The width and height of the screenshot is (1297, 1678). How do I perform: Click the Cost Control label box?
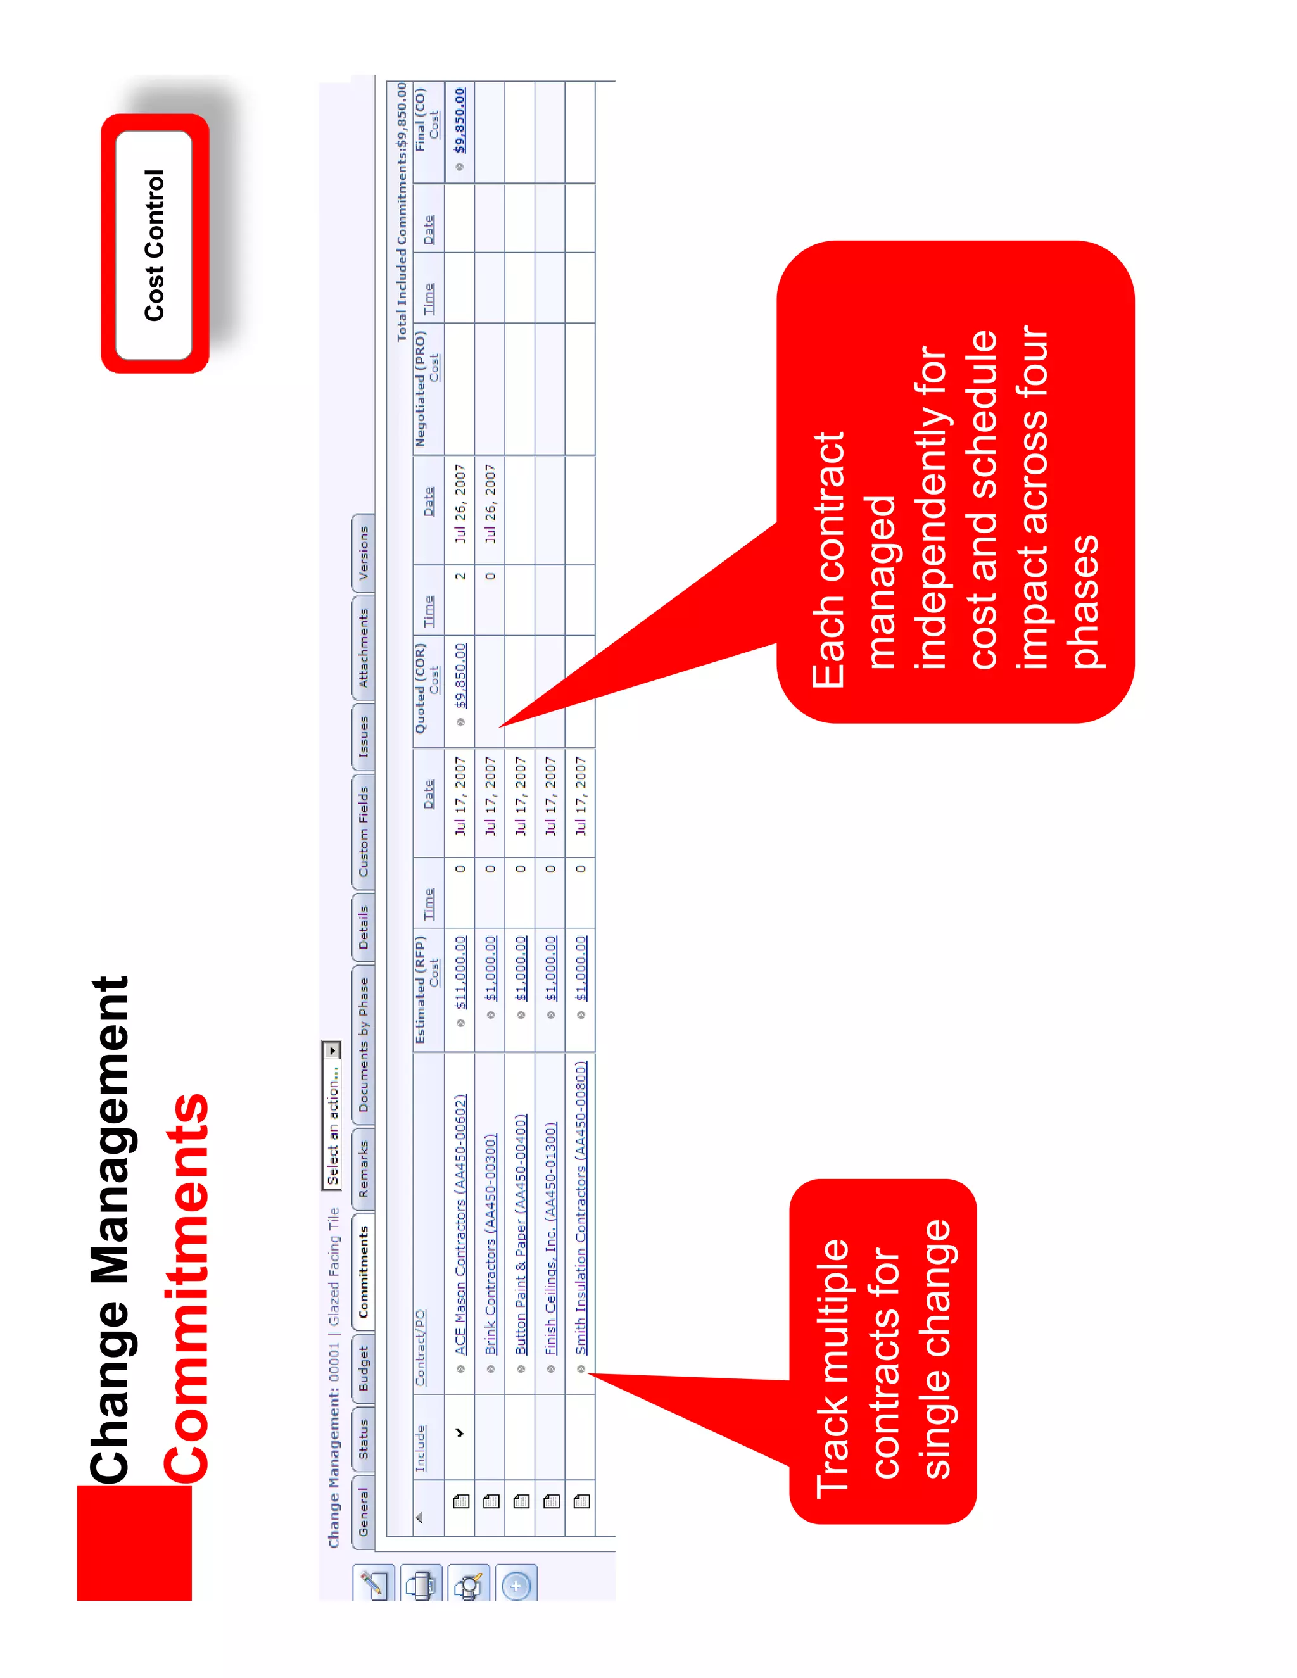click(155, 244)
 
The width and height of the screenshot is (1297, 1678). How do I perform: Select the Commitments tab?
click(364, 1271)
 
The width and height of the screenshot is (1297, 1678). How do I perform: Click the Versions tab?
click(364, 553)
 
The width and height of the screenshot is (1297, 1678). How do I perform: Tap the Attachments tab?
click(364, 648)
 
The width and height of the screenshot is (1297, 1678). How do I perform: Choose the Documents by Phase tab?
click(364, 1044)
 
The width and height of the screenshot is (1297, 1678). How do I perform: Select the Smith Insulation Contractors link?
click(581, 1207)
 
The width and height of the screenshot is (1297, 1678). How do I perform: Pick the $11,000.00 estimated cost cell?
click(460, 971)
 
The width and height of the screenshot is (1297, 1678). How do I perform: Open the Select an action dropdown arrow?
click(331, 1049)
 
